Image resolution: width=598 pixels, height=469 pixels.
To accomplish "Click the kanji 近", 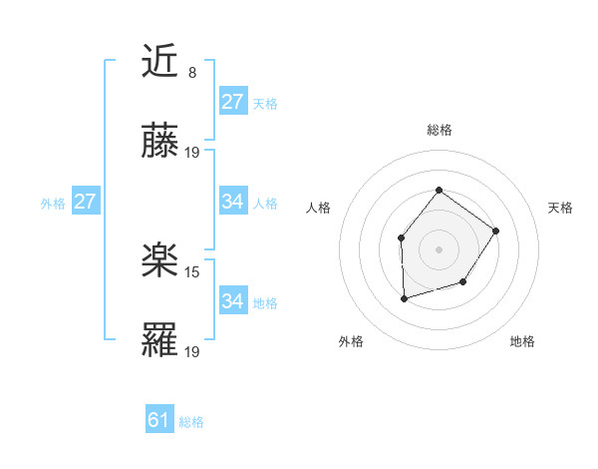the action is [x=160, y=61].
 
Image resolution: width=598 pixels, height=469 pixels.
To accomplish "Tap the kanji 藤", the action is [x=160, y=144].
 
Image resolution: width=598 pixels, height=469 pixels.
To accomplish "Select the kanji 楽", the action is [x=160, y=261].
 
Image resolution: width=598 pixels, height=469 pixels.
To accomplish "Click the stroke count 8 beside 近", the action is [x=191, y=72].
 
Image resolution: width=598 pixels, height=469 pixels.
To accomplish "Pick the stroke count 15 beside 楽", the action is [x=193, y=271].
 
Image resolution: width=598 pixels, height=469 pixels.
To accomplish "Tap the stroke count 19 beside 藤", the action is [x=193, y=153].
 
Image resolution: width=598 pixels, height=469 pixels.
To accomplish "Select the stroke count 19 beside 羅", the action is [x=193, y=352].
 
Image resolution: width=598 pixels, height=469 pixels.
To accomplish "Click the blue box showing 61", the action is [x=158, y=420].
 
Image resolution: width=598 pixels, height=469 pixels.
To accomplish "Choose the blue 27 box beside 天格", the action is [x=233, y=101].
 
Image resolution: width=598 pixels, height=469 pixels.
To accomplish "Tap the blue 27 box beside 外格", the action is [x=85, y=202].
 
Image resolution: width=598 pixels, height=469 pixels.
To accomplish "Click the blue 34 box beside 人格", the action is [x=233, y=202].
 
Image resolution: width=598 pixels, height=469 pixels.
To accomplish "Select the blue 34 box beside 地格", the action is [x=233, y=300].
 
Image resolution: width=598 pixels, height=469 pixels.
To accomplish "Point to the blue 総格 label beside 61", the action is [x=191, y=422].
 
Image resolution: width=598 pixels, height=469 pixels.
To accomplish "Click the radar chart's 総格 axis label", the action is [x=439, y=130].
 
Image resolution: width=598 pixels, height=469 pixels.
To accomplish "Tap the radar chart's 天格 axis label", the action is [x=561, y=208].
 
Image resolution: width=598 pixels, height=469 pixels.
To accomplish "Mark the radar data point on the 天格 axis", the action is [x=496, y=231].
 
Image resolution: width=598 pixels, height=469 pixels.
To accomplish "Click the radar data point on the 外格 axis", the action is [x=404, y=297].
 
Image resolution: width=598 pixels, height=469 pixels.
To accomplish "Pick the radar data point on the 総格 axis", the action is [x=439, y=190].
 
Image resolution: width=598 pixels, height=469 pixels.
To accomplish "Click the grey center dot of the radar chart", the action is [x=439, y=248].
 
